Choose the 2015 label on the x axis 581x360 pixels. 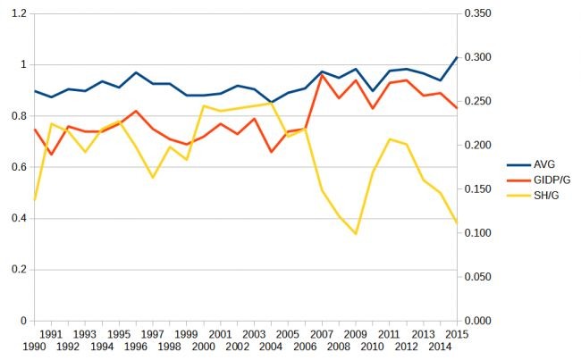pos(457,333)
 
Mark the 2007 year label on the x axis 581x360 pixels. pos(321,333)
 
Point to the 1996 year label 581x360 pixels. pos(135,346)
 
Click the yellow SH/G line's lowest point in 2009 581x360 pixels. pos(356,234)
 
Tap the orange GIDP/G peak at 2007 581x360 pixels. pos(322,75)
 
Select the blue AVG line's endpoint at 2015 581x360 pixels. pos(457,57)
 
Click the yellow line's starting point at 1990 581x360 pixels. pos(34,201)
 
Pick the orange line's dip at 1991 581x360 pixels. pos(51,155)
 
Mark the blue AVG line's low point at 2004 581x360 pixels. pos(271,102)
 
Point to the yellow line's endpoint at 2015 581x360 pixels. pos(457,222)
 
